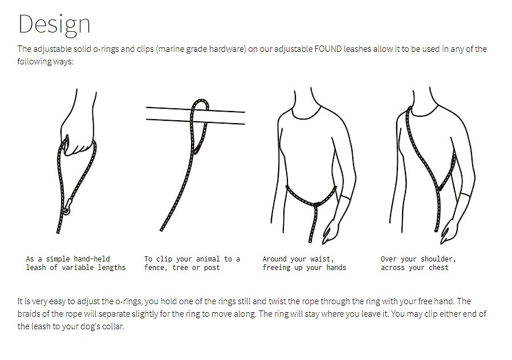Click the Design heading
click(x=54, y=24)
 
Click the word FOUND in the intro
click(x=328, y=49)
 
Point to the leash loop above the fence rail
click(x=200, y=105)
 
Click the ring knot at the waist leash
click(x=316, y=205)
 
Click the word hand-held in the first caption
click(x=92, y=259)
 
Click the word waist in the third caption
click(x=322, y=259)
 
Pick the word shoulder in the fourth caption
click(x=438, y=259)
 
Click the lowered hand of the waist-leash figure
click(x=331, y=231)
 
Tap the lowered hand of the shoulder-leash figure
click(x=449, y=231)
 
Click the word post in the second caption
click(x=212, y=268)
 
